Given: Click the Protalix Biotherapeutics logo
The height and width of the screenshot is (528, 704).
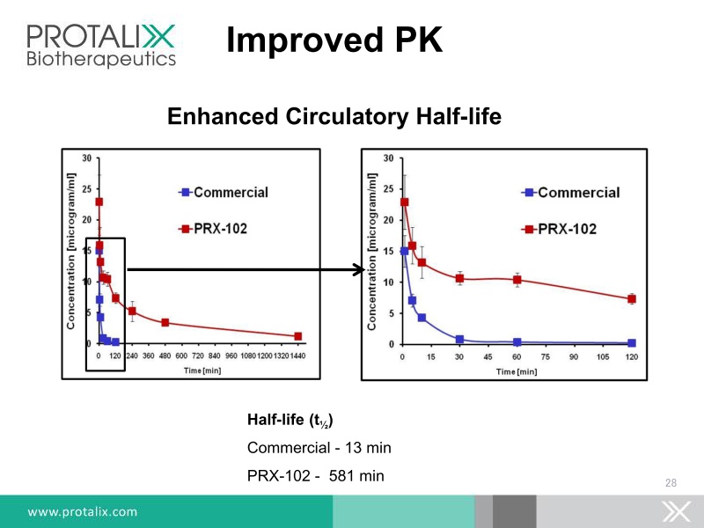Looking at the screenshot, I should pyautogui.click(x=101, y=44).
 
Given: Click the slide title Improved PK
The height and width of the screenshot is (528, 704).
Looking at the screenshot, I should pyautogui.click(x=334, y=40).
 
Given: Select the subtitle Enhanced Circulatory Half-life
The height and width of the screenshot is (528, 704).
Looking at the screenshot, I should pyautogui.click(x=334, y=116).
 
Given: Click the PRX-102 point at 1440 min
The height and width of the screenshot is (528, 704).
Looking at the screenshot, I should pyautogui.click(x=297, y=336).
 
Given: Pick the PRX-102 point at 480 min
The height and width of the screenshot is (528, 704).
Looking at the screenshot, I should pyautogui.click(x=165, y=322).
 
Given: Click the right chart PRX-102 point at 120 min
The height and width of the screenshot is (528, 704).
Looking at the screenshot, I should pyautogui.click(x=631, y=299).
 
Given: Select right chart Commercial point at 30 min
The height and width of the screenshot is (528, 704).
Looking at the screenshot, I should pyautogui.click(x=459, y=339).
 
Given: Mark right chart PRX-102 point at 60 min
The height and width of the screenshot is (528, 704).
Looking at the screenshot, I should pyautogui.click(x=517, y=280).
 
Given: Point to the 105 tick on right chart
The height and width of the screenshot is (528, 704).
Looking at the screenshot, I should pyautogui.click(x=603, y=358).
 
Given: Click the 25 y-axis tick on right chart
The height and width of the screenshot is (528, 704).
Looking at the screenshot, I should pyautogui.click(x=390, y=189).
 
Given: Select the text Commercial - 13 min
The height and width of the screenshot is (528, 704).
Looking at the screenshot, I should pyautogui.click(x=319, y=448).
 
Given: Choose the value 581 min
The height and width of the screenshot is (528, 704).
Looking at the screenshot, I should pyautogui.click(x=356, y=476).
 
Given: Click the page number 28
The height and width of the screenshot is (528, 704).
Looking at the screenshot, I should pyautogui.click(x=671, y=482).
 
